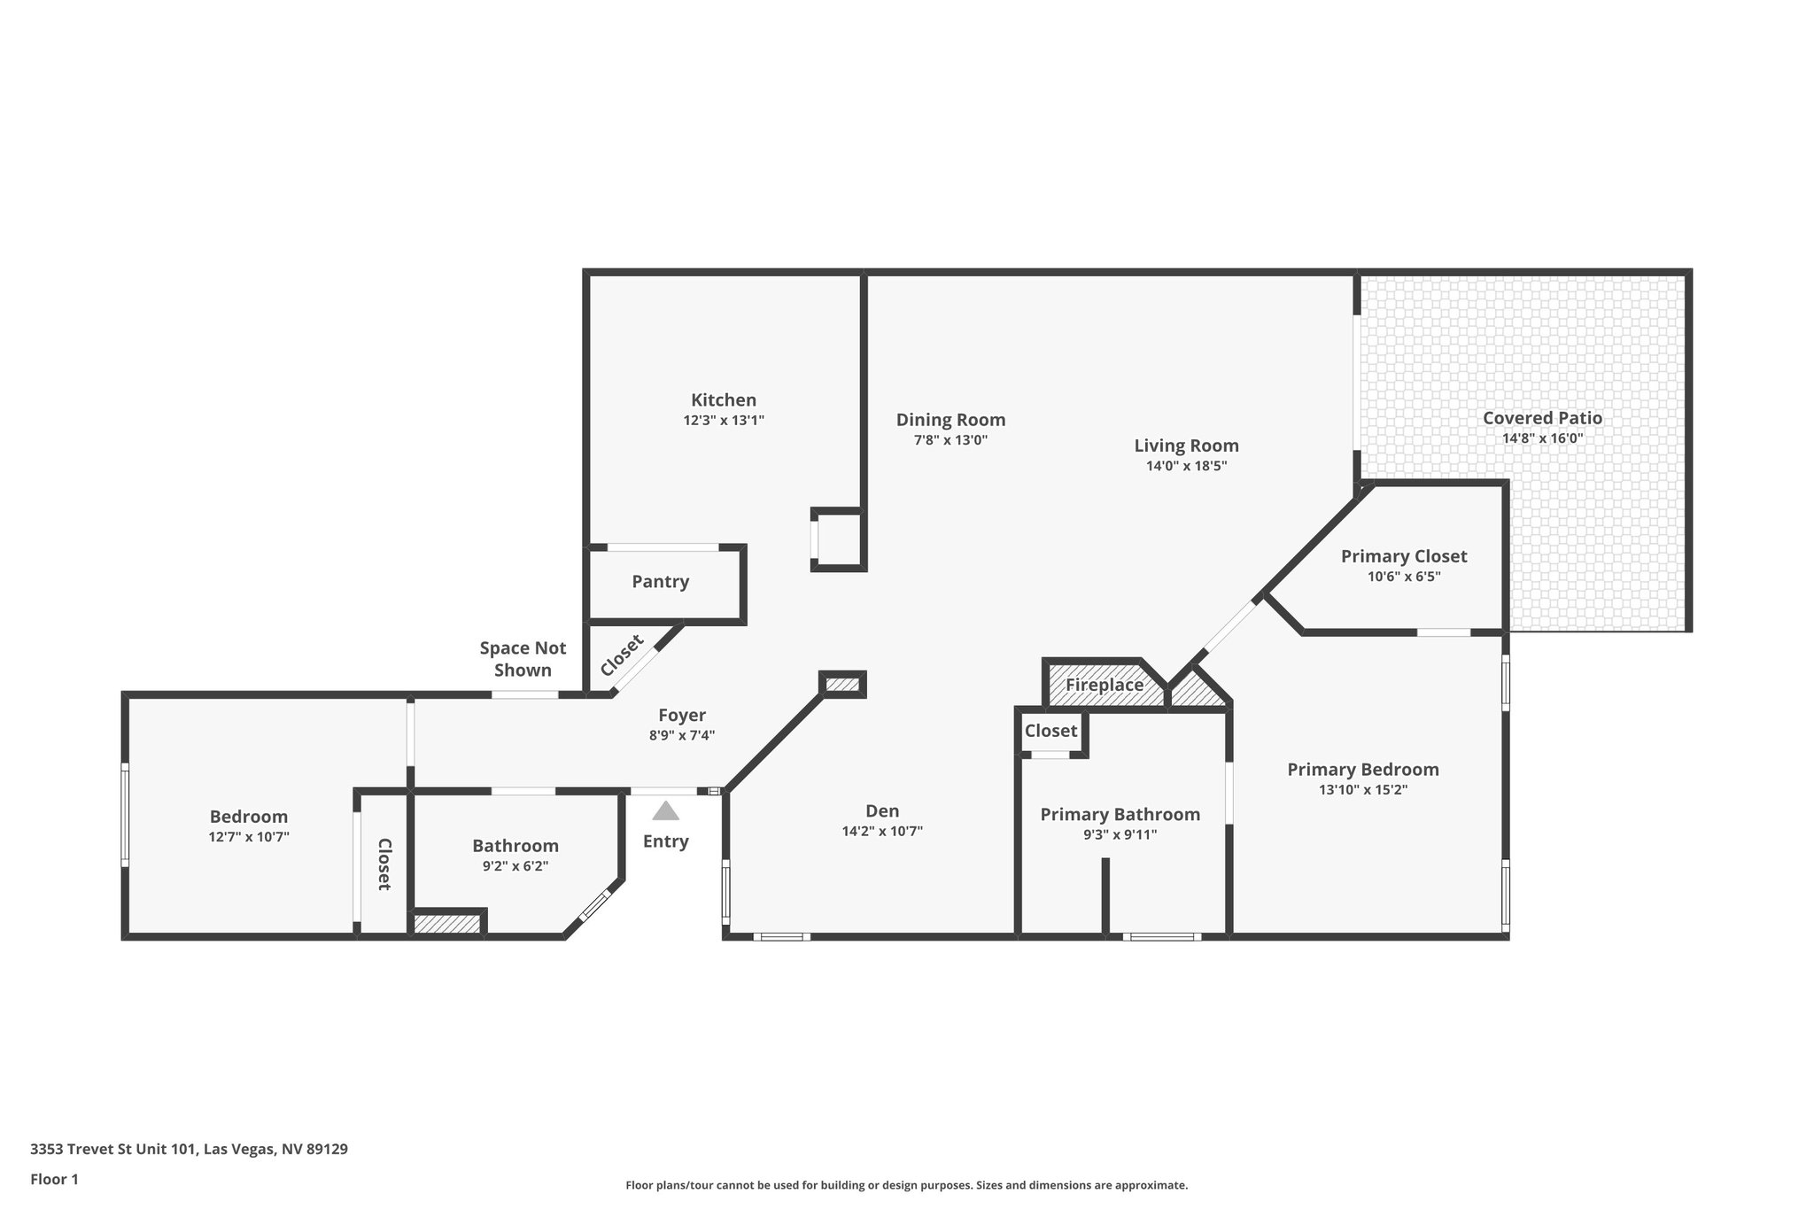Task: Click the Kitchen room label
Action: click(x=724, y=400)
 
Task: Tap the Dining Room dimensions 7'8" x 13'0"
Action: click(x=950, y=440)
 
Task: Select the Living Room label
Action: click(x=1186, y=446)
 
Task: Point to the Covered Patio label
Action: click(x=1542, y=418)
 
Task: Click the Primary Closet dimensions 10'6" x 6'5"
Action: click(x=1403, y=577)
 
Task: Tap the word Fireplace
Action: click(x=1104, y=685)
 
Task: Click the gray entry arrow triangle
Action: click(x=665, y=811)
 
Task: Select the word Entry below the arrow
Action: click(x=665, y=841)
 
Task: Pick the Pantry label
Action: click(x=660, y=582)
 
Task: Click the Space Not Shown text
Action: click(x=523, y=659)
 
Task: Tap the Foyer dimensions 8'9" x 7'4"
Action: click(x=681, y=735)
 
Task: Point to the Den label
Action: click(x=882, y=811)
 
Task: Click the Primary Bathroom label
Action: click(x=1120, y=815)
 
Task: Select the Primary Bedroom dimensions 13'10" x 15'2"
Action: click(x=1362, y=790)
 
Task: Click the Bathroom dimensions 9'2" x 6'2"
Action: click(x=515, y=867)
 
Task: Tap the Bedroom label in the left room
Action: click(x=248, y=817)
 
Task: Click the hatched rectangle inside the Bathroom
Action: click(x=447, y=924)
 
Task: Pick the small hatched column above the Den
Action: click(x=842, y=684)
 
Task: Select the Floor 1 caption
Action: click(x=54, y=1179)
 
